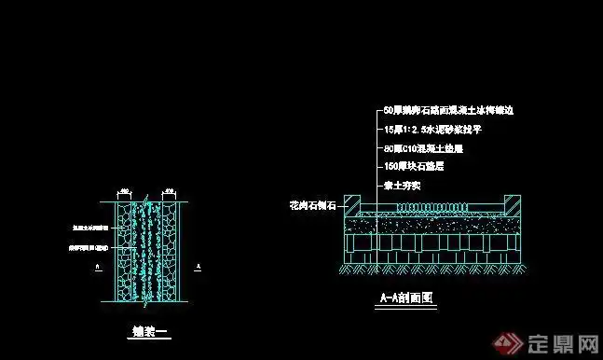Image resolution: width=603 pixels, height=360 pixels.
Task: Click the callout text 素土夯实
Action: click(403, 186)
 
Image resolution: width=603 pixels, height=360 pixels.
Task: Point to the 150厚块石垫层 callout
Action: click(413, 166)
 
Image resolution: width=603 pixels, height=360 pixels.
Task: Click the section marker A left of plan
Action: click(98, 266)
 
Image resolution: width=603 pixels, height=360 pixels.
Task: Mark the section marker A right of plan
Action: click(198, 266)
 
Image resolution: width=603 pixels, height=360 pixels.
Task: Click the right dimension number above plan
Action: click(170, 191)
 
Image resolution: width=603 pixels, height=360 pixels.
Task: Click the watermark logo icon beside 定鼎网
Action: click(513, 341)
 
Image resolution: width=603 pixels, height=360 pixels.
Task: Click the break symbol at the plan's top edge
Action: click(147, 197)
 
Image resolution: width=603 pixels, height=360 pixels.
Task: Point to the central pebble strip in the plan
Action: click(147, 252)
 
